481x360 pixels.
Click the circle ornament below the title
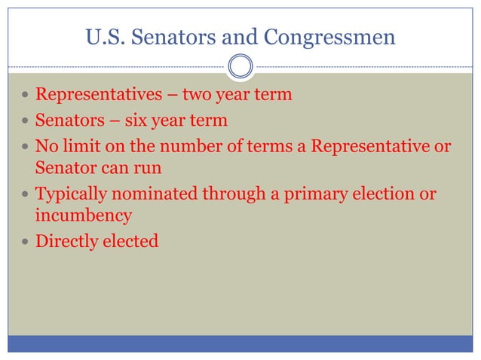pyautogui.click(x=240, y=66)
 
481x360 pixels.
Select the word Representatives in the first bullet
pyautogui.click(x=93, y=96)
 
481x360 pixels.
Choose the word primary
pyautogui.click(x=311, y=194)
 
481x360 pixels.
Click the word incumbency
pyautogui.click(x=84, y=216)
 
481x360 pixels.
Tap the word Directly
pyautogui.click(x=66, y=241)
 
